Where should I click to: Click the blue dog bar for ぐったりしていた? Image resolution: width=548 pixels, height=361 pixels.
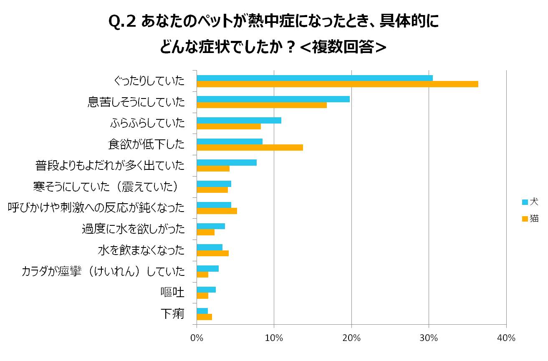[314, 78]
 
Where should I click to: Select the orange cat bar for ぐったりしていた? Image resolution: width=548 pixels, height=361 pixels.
[337, 84]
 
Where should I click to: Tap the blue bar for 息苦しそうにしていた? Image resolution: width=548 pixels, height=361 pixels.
[273, 99]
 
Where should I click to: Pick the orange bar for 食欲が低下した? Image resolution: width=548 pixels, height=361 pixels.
[250, 147]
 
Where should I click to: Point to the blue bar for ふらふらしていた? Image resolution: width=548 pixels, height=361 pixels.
[239, 121]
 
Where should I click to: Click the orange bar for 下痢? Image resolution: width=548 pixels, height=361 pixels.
[204, 317]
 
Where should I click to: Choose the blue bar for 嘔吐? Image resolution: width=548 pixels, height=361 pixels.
[206, 290]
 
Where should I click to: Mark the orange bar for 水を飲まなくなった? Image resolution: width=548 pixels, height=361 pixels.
[212, 253]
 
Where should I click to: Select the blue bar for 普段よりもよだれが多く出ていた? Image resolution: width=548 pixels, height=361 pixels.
[227, 163]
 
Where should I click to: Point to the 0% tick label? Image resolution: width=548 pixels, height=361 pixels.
[197, 338]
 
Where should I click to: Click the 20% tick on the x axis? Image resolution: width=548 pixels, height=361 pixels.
[351, 338]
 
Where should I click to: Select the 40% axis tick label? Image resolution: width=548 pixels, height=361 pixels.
[506, 338]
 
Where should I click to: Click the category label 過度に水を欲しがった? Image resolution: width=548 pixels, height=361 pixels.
[133, 229]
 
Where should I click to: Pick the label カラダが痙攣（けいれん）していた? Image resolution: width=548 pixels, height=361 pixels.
[103, 271]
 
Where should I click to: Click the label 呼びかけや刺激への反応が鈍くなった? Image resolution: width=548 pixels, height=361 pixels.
[96, 207]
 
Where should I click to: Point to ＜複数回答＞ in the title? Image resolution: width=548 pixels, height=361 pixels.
[343, 47]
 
